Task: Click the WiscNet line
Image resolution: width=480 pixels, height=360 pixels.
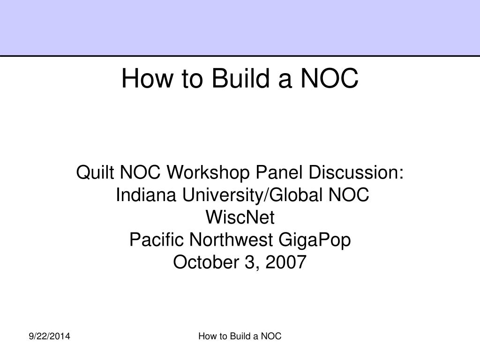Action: (x=240, y=217)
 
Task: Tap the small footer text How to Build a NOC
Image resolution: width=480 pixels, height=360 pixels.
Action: (x=240, y=336)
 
